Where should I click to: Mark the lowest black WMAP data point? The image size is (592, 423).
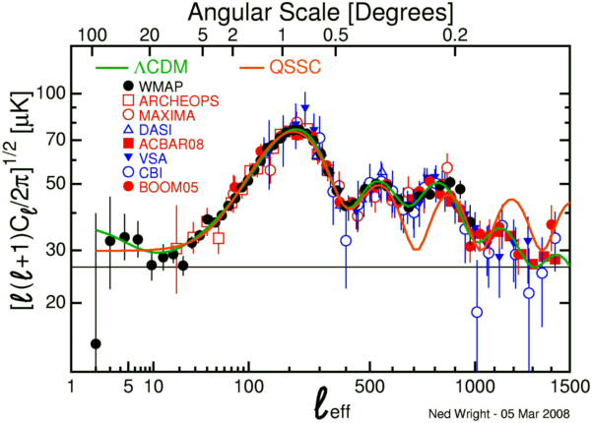click(x=96, y=343)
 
